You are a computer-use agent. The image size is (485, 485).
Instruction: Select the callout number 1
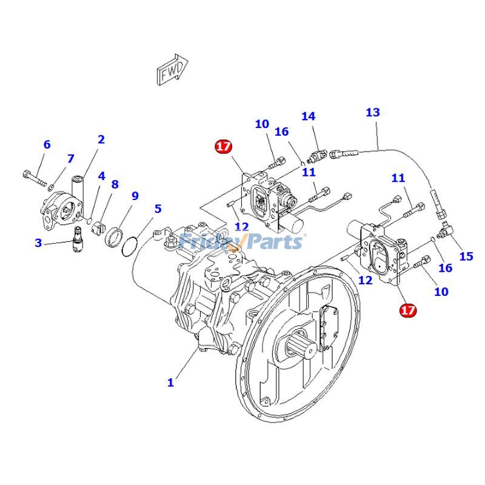click(x=171, y=383)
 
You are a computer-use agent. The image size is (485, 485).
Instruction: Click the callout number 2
click(x=101, y=139)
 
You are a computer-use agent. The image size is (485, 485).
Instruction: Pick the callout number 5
click(x=158, y=209)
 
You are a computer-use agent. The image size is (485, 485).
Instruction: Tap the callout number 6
click(x=47, y=144)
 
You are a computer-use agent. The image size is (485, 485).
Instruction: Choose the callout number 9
click(x=135, y=196)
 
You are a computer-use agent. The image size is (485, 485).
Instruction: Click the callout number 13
click(x=373, y=112)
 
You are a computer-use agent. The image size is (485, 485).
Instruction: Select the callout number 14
click(x=308, y=116)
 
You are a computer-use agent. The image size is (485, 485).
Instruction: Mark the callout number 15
click(x=466, y=256)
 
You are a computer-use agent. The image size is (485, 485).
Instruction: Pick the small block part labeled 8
click(x=98, y=229)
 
